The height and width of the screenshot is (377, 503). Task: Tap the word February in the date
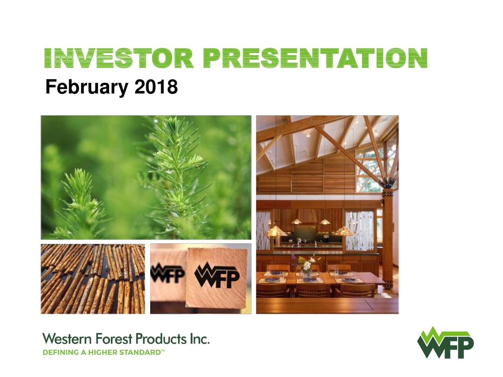86,88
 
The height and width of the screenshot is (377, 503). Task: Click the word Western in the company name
67,339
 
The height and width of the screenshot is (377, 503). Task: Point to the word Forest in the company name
114,339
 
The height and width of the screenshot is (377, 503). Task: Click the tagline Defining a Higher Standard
104,352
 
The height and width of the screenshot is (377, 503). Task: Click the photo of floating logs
93,279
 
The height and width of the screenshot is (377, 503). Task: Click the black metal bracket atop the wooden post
387,183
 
